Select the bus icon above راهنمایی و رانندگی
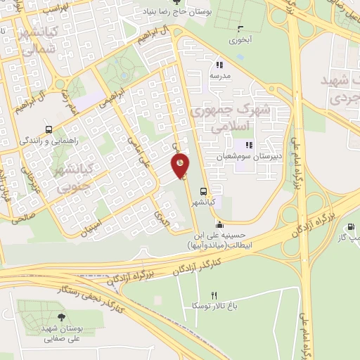point(48,129)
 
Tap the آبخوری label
point(240,39)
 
